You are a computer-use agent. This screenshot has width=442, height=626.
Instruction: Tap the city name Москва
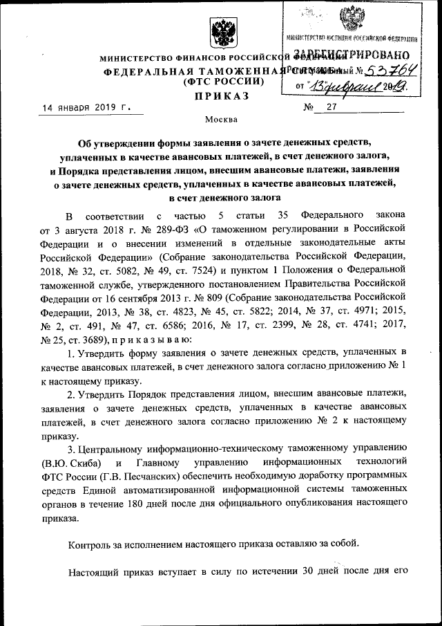(x=220, y=119)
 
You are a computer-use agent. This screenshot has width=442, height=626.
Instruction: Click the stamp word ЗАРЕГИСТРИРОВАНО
(x=352, y=55)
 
